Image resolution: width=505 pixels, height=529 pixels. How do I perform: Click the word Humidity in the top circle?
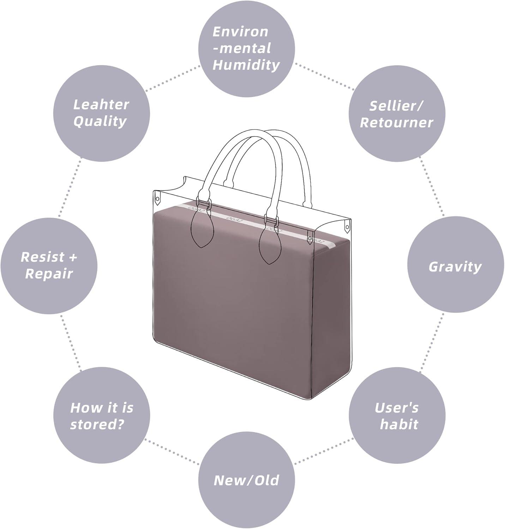pyautogui.click(x=246, y=65)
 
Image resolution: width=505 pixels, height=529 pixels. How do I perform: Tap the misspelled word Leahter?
pyautogui.click(x=101, y=105)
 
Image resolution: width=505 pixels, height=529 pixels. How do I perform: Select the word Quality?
pyautogui.click(x=100, y=122)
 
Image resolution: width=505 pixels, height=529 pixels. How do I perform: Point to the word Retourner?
pyautogui.click(x=396, y=123)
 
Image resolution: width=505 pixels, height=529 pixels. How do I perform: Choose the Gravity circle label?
pyautogui.click(x=455, y=267)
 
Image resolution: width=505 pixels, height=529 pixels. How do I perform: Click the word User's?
pyautogui.click(x=397, y=408)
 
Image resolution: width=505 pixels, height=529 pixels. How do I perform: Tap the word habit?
pyautogui.click(x=399, y=425)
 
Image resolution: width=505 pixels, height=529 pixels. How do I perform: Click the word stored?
pyautogui.click(x=97, y=425)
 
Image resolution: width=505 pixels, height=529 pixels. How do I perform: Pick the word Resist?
pyautogui.click(x=43, y=257)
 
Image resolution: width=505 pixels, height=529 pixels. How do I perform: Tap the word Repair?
pyautogui.click(x=49, y=274)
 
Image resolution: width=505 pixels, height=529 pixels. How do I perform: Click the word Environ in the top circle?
pyautogui.click(x=241, y=32)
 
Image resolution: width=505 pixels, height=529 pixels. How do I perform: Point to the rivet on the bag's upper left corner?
pyautogui.click(x=157, y=199)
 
